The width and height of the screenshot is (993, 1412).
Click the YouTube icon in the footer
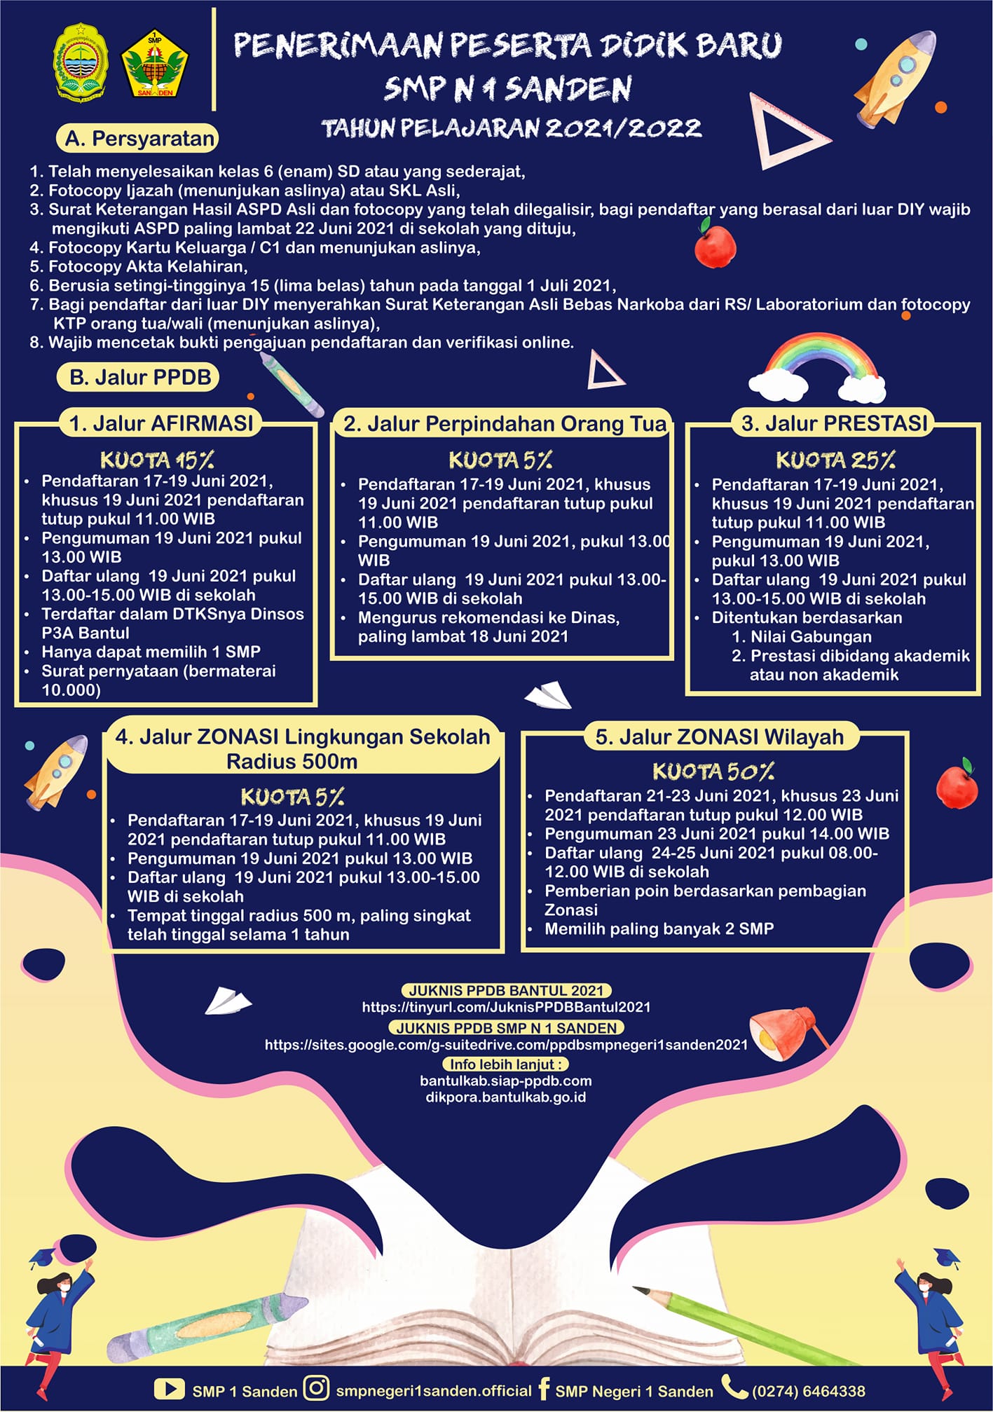pos(169,1390)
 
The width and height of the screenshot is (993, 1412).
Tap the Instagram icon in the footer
pos(316,1388)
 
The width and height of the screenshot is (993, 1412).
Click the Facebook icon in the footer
pos(544,1389)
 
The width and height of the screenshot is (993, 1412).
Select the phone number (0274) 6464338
pos(809,1391)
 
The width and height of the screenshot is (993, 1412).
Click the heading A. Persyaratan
pos(138,138)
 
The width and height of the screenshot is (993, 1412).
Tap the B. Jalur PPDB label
pos(139,377)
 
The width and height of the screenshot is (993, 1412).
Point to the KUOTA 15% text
pos(157,460)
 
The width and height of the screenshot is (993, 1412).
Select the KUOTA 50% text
pos(713,772)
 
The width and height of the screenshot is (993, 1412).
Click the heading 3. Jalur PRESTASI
pos(834,423)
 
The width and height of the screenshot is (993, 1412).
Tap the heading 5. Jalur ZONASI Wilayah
pos(719,737)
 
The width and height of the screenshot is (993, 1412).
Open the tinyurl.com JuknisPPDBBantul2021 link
pos(506,1007)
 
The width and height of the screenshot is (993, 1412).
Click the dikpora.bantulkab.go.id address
pos(506,1097)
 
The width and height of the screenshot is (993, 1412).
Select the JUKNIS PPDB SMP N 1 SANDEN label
pos(506,1028)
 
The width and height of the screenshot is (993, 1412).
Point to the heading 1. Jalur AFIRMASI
pos(161,423)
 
